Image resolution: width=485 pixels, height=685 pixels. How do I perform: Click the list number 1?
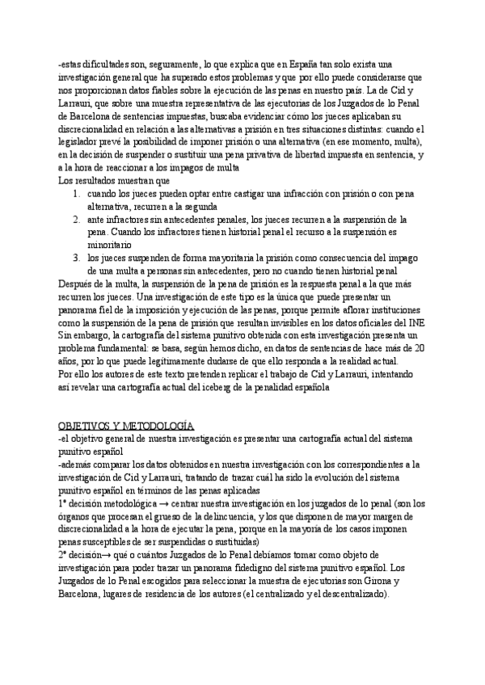(74, 195)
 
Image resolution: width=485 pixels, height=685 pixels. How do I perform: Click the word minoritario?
(113, 246)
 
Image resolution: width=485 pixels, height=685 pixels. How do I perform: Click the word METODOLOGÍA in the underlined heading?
(160, 427)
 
